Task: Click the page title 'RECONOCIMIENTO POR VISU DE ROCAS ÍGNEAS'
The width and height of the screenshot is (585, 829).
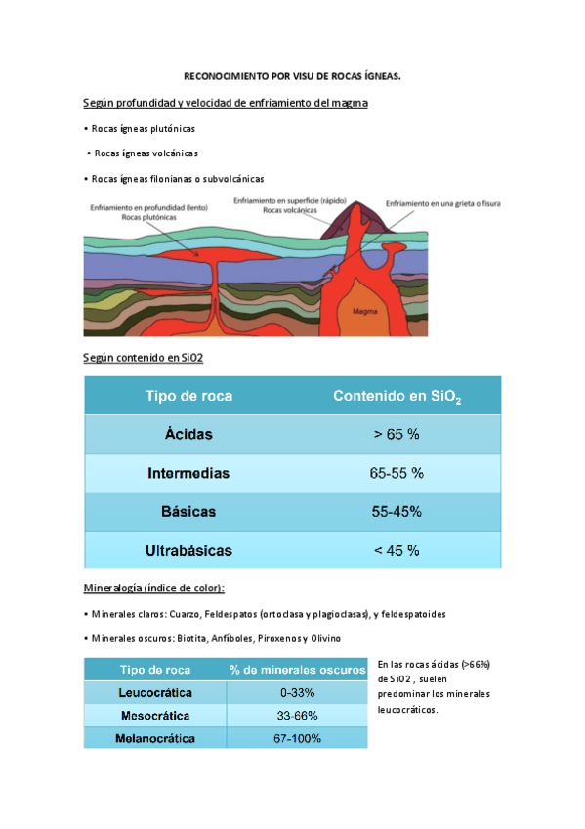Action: (292, 75)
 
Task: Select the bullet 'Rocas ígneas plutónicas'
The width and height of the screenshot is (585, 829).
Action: (143, 128)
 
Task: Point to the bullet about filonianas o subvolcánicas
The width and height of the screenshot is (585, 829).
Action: (177, 178)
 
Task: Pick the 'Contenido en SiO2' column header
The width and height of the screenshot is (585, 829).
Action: (397, 396)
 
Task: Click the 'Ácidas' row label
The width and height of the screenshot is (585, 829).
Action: (188, 433)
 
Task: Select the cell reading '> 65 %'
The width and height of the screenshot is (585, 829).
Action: (397, 433)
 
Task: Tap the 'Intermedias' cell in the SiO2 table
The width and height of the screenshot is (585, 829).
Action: (188, 473)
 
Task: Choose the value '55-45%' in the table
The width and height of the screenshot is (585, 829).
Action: (397, 511)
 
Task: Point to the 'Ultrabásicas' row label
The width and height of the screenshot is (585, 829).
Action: (188, 550)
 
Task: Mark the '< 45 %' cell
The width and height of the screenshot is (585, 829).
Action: (397, 550)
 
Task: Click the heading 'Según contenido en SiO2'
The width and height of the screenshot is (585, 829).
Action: (143, 359)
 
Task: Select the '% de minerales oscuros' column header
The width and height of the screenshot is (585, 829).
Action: (298, 670)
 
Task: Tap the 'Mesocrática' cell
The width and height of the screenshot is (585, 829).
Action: (155, 716)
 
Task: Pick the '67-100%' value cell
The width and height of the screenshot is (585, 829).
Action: (298, 738)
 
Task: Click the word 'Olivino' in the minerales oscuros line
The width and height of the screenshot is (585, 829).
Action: (322, 638)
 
